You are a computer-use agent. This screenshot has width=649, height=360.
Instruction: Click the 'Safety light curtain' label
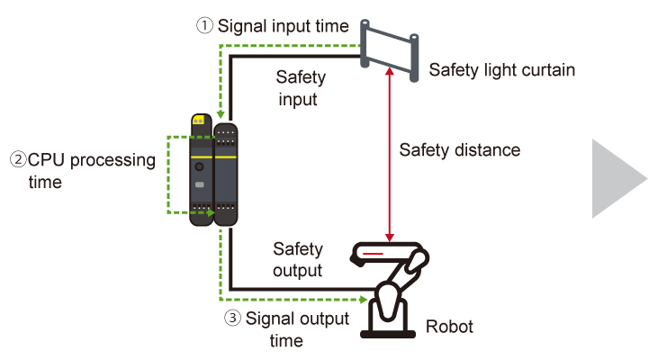tap(502, 69)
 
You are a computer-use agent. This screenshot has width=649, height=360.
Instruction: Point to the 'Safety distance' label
tap(460, 149)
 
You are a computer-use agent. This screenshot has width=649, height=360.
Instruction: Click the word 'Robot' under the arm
tap(449, 327)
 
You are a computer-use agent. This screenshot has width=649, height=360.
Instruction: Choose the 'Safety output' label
tap(298, 257)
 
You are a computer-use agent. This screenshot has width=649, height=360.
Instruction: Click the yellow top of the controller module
tap(198, 119)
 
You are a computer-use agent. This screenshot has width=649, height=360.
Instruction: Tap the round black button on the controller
tap(199, 167)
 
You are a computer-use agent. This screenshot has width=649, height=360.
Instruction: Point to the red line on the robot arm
tap(372, 256)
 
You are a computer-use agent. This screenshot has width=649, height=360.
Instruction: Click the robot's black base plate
tap(390, 332)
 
